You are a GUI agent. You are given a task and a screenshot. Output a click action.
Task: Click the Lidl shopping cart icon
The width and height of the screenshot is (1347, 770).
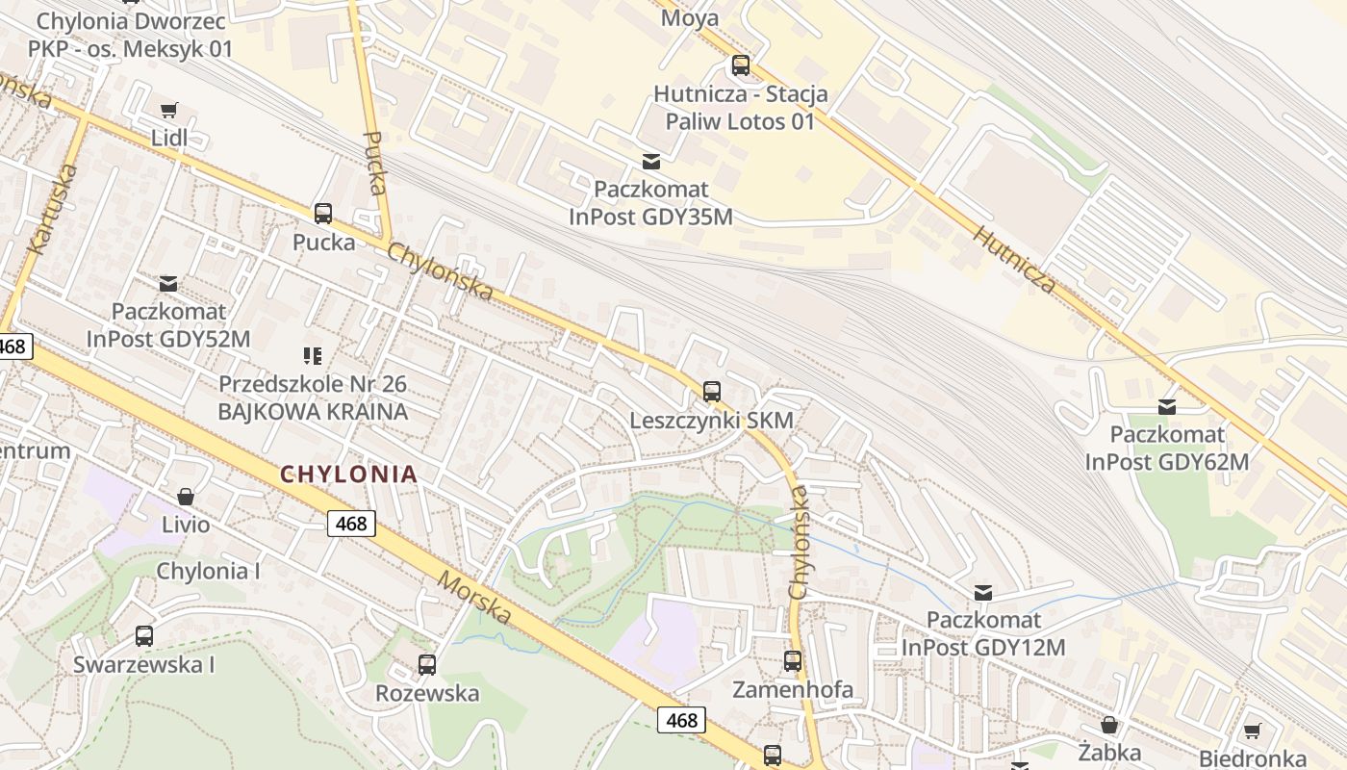coord(169,111)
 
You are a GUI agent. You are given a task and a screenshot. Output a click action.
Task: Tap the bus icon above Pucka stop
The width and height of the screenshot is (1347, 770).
coord(322,214)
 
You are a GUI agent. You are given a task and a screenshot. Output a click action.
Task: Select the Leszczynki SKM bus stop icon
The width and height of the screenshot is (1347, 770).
coord(711,392)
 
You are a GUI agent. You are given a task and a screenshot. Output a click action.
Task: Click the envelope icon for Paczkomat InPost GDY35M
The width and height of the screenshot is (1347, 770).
coord(651,161)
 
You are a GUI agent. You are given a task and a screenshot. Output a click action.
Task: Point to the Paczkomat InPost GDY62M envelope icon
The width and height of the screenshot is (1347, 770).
coord(1167,407)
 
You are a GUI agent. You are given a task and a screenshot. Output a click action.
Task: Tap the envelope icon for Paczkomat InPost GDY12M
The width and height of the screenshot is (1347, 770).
coord(983,593)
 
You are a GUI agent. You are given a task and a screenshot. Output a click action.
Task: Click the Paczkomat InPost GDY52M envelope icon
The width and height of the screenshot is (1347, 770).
coord(168,284)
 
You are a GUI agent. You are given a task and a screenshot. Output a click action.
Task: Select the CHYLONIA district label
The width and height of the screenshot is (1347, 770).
coord(349,474)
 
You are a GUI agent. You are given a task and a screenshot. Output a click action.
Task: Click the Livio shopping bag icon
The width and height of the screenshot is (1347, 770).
coord(186,497)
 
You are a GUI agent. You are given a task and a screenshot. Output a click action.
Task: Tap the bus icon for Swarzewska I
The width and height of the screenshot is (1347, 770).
coord(143,636)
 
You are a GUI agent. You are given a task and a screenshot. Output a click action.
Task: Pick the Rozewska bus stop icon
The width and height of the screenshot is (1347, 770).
coord(426,664)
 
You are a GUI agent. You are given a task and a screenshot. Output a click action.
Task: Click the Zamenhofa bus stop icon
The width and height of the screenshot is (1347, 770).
coord(792,661)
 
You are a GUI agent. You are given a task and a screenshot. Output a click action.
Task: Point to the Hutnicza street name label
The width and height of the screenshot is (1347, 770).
coord(1014,260)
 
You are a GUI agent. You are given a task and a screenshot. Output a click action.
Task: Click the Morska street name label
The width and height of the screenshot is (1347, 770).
coord(474,597)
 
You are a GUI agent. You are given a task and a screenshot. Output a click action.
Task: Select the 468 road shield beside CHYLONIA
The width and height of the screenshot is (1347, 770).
coord(351,524)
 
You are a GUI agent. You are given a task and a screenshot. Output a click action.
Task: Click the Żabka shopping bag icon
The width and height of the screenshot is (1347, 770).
coord(1109,725)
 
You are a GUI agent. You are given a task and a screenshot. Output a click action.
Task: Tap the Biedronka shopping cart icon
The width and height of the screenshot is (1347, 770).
coord(1252,731)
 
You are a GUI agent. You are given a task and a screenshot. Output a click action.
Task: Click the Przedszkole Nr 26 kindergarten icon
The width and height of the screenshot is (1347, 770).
coord(312,357)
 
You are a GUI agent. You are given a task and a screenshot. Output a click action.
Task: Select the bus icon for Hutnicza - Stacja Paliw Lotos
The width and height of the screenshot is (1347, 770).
coord(740,66)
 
